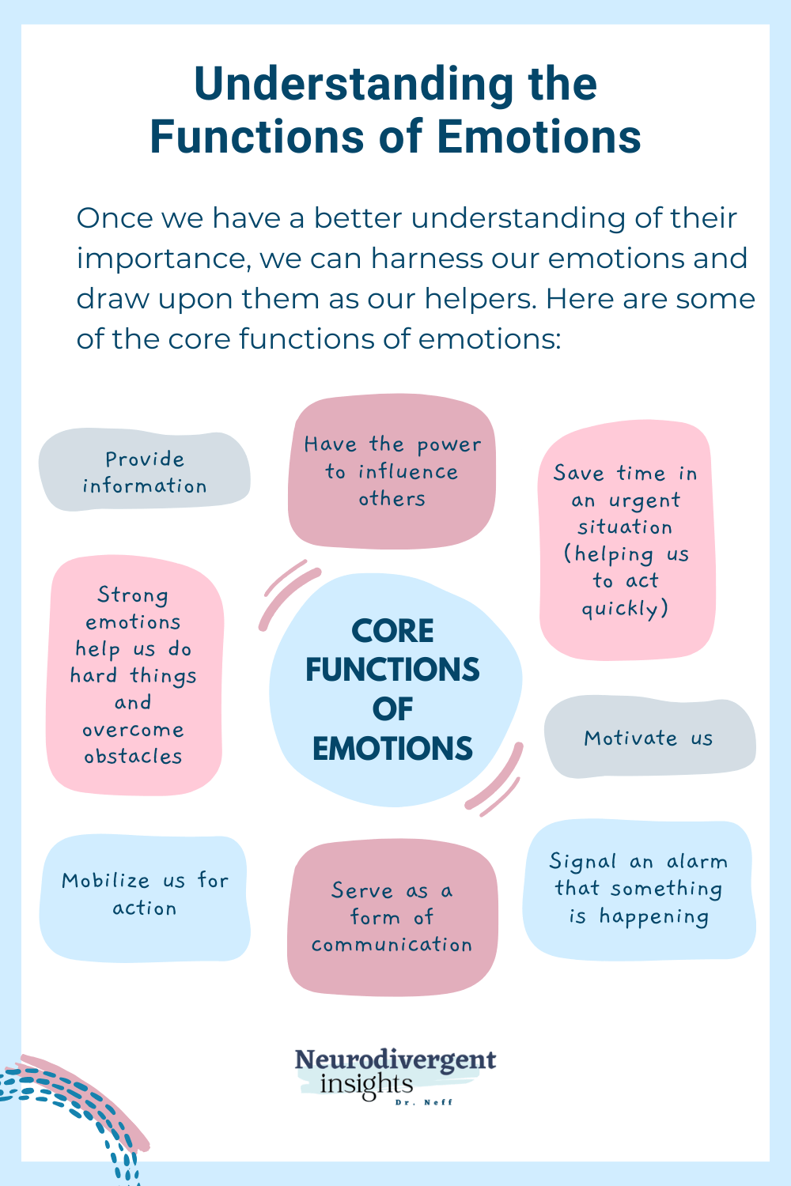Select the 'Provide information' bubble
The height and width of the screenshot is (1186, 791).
[145, 472]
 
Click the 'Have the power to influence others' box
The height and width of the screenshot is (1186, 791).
[392, 471]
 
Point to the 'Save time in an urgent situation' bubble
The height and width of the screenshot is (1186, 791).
[626, 540]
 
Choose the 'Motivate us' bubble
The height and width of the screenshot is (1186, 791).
[649, 738]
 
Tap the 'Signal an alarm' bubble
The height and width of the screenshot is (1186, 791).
[638, 889]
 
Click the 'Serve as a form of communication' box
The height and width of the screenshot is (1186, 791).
[392, 917]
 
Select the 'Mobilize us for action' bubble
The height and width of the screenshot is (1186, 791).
[145, 894]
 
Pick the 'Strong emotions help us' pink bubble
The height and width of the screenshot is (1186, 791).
[134, 675]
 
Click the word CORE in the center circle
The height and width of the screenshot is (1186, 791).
[392, 631]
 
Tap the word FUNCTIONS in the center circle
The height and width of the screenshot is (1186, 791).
[392, 670]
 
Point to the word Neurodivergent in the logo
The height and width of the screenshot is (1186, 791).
[395, 1060]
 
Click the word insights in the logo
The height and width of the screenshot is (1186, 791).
[366, 1084]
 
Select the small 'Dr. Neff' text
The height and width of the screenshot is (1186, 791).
[424, 1102]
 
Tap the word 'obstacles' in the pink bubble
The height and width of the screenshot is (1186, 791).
[134, 757]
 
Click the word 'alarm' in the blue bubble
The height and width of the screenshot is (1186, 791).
[697, 861]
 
